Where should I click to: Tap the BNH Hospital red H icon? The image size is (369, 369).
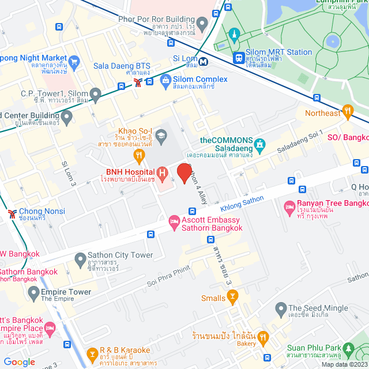[163, 172]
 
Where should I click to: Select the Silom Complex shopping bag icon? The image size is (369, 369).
[165, 79]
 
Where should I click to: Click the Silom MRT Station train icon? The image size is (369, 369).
[239, 57]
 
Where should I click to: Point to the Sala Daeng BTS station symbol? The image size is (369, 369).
[138, 82]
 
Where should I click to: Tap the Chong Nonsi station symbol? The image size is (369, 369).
[12, 214]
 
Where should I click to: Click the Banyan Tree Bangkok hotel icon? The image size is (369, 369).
[289, 206]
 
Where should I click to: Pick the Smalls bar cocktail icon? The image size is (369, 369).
[233, 298]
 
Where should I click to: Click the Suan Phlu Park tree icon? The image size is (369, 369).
[348, 349]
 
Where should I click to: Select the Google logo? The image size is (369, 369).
[19, 362]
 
